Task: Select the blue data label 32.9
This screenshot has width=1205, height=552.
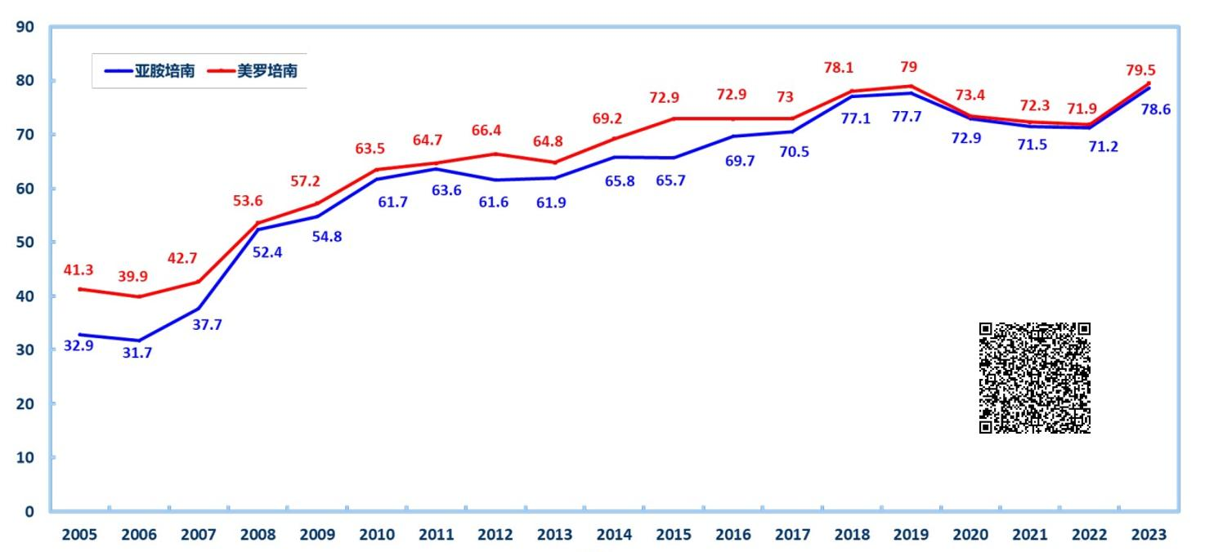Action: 78,345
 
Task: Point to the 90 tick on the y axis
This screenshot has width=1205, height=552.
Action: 25,27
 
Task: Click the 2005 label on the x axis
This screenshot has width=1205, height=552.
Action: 79,535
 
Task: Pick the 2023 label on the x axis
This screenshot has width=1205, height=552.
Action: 1149,535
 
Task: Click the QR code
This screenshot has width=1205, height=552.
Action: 1034,377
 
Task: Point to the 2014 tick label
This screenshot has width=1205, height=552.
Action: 614,535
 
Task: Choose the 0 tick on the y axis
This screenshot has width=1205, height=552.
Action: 29,512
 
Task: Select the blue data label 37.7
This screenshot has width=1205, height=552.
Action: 208,324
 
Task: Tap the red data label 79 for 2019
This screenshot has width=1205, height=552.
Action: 908,67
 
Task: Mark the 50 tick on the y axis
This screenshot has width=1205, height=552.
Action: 25,243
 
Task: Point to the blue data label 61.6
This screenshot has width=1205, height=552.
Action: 494,202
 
